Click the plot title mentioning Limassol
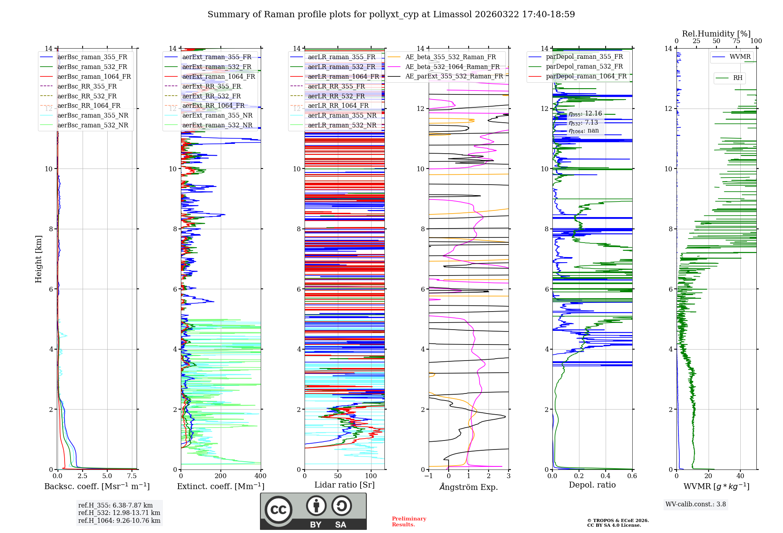(391, 15)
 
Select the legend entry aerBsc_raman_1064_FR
(94, 76)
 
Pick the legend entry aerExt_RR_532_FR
(211, 96)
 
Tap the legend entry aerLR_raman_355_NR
(342, 115)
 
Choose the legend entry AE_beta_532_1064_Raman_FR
(452, 67)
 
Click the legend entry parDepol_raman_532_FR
(584, 67)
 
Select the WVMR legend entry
(740, 57)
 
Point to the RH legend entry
(738, 78)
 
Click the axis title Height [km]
(38, 259)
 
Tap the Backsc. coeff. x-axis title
(97, 486)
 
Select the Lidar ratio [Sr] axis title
(344, 485)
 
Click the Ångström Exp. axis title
(469, 487)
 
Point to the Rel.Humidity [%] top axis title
(716, 34)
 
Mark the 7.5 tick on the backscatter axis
(132, 476)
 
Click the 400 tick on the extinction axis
(260, 476)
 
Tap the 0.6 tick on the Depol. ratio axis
(632, 476)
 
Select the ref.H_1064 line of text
(119, 520)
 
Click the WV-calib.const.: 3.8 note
(696, 504)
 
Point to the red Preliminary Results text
(409, 522)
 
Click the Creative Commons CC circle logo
(278, 510)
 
